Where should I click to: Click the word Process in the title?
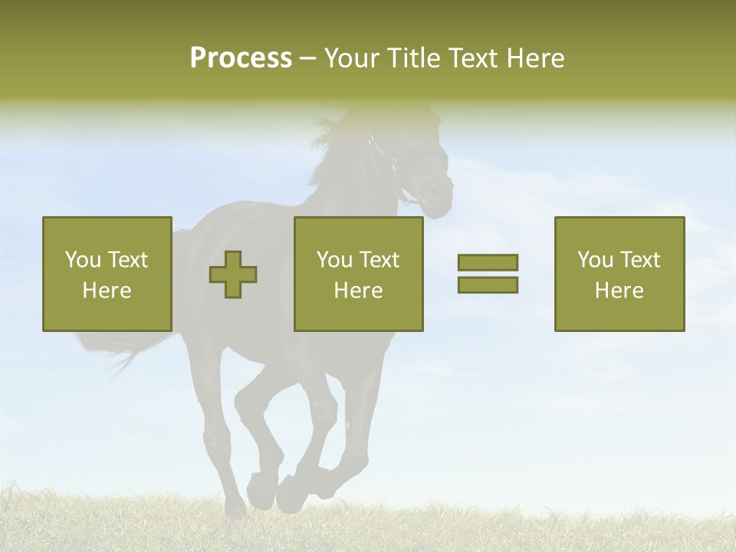tap(241, 58)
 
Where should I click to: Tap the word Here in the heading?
tap(535, 58)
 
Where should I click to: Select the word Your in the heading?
tap(350, 58)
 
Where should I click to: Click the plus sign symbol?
tap(233, 274)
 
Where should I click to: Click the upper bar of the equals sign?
tap(488, 262)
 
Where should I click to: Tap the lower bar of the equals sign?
tap(488, 284)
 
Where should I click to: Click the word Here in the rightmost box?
tap(619, 291)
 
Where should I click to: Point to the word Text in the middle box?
tap(380, 260)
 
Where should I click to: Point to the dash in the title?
tap(307, 58)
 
